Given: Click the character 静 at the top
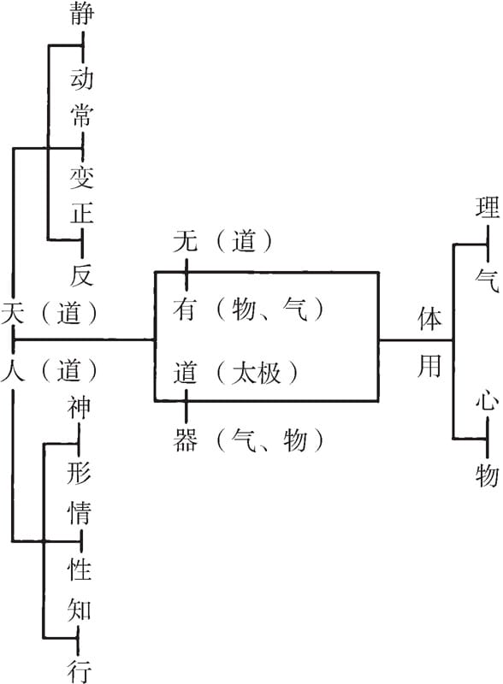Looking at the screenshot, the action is point(82,13).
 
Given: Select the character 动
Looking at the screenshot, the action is point(82,79).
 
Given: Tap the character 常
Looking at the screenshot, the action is point(82,115).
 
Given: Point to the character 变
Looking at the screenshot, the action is point(82,178).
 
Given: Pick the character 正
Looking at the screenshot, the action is point(82,213).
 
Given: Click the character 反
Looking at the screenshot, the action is point(82,274).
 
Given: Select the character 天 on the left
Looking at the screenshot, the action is point(13,312).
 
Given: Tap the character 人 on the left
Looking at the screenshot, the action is point(13,370).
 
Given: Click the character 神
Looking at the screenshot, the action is point(79,408).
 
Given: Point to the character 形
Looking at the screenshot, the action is point(79,473).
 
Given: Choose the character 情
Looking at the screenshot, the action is point(79,511).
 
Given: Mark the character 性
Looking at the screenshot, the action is point(79,569).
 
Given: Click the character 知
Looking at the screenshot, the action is point(79,610).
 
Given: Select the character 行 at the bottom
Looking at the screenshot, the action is point(79,671).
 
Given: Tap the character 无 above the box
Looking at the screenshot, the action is point(185,240).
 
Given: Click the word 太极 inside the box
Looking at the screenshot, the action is point(256,373).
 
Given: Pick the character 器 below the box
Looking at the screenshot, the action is point(185,439).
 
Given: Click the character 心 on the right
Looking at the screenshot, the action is point(488,399).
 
